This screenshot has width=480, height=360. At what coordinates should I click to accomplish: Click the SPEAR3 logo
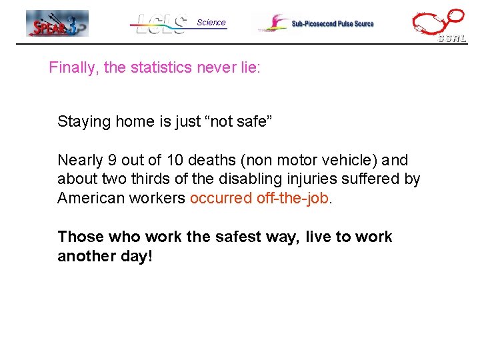pos(57,23)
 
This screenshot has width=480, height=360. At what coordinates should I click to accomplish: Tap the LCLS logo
pos(160,24)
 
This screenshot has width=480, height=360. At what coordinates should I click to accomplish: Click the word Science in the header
pos(211,22)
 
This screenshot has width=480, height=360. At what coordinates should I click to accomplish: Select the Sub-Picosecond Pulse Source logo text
pos(332,23)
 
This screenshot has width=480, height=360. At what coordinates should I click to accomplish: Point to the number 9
pos(112,160)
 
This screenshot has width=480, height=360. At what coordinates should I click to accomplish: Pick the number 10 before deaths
pos(171,160)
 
